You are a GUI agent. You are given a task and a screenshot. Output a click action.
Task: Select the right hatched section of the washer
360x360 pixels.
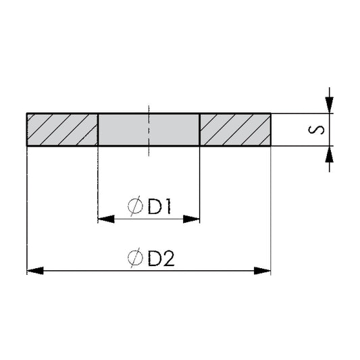235,129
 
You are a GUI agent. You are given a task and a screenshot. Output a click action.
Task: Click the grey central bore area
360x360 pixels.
149,129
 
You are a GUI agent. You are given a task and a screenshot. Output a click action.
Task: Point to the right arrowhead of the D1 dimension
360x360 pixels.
193,219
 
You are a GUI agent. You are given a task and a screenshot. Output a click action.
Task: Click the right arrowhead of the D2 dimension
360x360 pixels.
263,271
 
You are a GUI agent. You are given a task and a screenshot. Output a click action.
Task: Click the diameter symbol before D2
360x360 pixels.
134,258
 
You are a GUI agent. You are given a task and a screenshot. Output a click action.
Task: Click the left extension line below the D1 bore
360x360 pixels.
98,182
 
